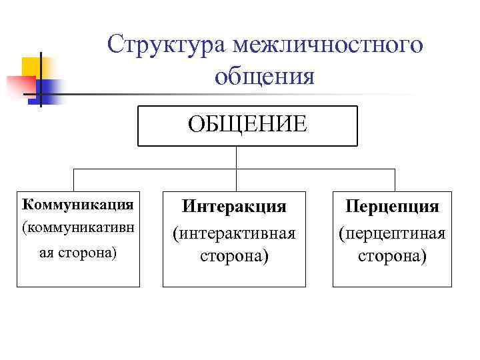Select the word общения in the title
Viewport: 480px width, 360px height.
point(264,77)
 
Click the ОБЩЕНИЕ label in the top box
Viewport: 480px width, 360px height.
point(247,124)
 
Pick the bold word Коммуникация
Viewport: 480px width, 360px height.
point(78,203)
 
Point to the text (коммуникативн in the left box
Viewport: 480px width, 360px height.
point(78,227)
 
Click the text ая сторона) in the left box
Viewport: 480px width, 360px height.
point(77,254)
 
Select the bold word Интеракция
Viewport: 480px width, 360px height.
point(234,207)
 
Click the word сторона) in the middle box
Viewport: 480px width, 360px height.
point(234,256)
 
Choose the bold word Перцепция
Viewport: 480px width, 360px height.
point(392,207)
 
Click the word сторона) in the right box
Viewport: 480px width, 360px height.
point(392,256)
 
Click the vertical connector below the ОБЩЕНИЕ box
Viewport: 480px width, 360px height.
point(237,157)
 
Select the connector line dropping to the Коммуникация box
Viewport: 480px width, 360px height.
point(73,180)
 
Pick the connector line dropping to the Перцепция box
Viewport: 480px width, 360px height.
point(395,180)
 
